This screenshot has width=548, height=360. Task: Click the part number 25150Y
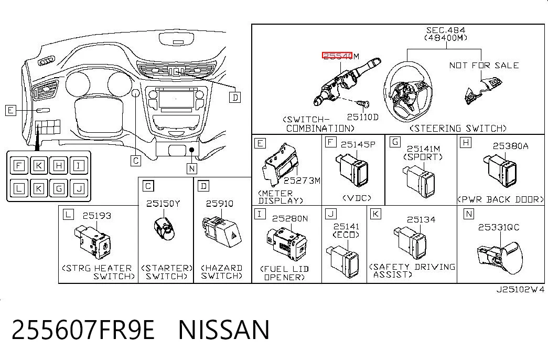click(x=163, y=204)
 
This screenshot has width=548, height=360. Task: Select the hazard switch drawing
click(x=222, y=231)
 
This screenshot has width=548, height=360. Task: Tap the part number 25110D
click(x=362, y=117)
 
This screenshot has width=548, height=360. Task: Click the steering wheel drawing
click(x=408, y=92)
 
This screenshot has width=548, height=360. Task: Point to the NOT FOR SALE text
click(x=483, y=65)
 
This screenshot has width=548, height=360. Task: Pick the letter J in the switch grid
click(x=79, y=188)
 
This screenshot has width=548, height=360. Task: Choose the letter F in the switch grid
click(x=18, y=165)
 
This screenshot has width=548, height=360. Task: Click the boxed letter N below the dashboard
click(x=192, y=168)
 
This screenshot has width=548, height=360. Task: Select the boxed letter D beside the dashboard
click(x=235, y=98)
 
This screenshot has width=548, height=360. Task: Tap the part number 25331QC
click(x=499, y=227)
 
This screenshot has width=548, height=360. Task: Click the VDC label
click(x=357, y=198)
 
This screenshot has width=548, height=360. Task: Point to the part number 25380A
click(x=510, y=146)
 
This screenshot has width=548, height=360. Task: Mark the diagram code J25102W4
click(x=520, y=289)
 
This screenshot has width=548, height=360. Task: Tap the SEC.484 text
click(x=446, y=30)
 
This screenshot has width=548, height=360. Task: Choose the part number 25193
click(x=97, y=216)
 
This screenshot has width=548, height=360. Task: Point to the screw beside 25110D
click(x=363, y=104)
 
